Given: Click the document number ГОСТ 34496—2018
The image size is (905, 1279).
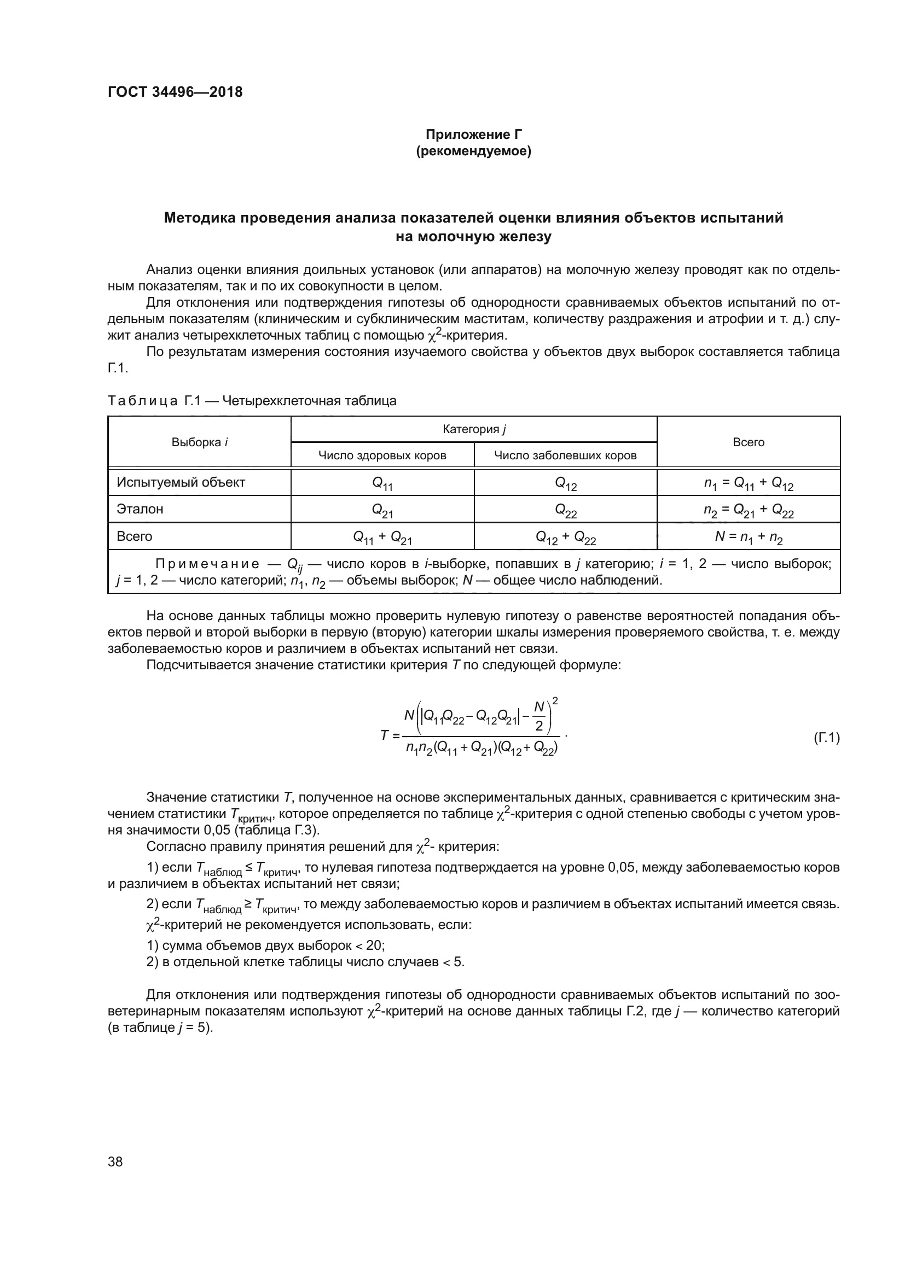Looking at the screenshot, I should [175, 92].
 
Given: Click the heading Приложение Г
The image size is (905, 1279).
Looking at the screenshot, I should [474, 135].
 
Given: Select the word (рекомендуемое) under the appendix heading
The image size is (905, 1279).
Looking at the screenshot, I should [474, 151].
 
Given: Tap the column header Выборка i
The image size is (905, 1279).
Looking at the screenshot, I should [200, 442].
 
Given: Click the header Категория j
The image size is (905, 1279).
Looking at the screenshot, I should [474, 429].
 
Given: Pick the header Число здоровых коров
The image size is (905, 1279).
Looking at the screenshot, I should [382, 455].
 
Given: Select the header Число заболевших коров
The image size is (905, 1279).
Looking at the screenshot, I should [565, 455].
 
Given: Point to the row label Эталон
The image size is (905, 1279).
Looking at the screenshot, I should [140, 509].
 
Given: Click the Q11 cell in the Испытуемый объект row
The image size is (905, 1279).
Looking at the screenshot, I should [382, 483].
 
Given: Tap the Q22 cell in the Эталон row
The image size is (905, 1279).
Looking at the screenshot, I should [565, 510].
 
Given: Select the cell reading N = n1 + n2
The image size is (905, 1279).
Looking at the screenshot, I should [749, 537].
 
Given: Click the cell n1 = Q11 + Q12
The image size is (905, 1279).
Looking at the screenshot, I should [749, 483].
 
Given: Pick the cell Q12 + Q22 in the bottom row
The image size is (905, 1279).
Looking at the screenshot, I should [565, 537].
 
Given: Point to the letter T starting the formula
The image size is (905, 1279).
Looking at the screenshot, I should [385, 735].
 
